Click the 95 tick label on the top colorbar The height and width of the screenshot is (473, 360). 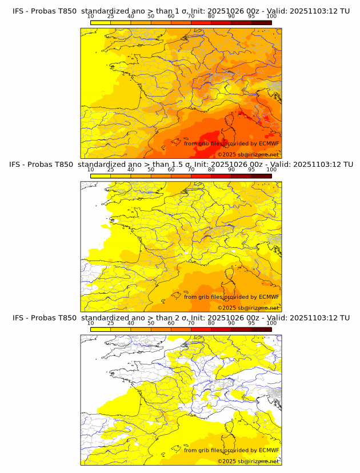click(251, 16)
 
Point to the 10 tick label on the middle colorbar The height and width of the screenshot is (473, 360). click(90, 170)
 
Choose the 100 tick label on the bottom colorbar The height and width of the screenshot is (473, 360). click(271, 323)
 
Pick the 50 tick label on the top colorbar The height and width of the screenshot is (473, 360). click(151, 16)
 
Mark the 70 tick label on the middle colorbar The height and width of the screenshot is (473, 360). click(191, 170)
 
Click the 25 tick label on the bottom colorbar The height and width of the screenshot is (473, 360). click(110, 323)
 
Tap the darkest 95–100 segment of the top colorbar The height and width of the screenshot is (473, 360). click(261, 22)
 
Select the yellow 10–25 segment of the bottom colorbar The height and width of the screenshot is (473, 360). click(101, 329)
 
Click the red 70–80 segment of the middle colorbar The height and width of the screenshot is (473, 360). click(201, 176)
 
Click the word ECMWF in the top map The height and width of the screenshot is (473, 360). click(269, 143)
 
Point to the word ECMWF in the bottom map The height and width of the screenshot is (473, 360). click(269, 450)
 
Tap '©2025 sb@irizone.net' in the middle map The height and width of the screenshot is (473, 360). click(248, 307)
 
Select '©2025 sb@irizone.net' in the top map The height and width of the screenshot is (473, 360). click(248, 154)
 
